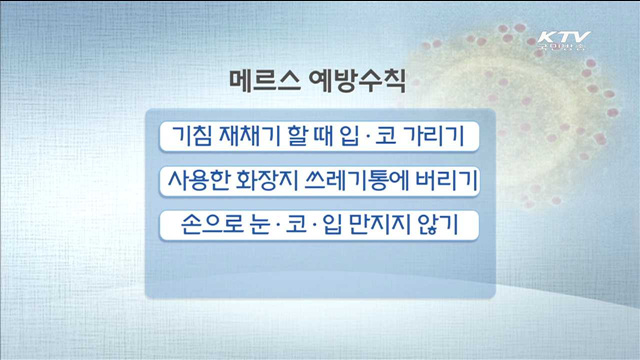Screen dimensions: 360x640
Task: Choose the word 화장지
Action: (268, 181)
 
